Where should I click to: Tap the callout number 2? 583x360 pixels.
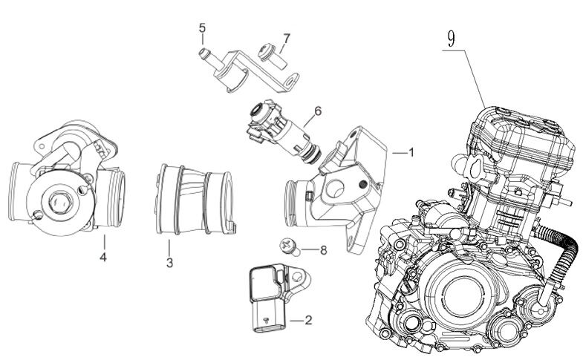coord(308,321)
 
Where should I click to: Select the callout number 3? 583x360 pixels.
coord(169,262)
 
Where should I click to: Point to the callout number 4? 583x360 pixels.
coord(104,258)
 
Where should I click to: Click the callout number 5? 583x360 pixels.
coord(201,28)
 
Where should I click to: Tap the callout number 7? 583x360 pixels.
coord(286,37)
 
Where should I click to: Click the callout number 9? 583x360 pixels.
coord(450,35)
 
